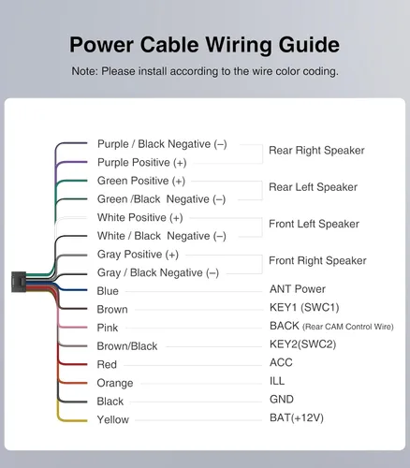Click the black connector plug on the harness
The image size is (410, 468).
tap(19, 282)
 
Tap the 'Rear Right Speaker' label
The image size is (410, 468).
tap(316, 151)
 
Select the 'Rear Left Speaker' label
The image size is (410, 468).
tap(313, 187)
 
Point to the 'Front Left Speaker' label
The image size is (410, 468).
tap(314, 224)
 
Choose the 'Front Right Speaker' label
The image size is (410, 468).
tap(317, 260)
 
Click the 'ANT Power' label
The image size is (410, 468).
tap(298, 289)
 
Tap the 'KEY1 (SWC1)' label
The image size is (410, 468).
tap(304, 307)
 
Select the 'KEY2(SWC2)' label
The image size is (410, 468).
tap(302, 344)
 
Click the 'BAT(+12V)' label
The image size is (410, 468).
tap(297, 417)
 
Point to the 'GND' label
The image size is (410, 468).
tap(282, 399)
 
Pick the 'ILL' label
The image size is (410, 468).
tap(277, 381)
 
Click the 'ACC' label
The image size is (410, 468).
tap(281, 362)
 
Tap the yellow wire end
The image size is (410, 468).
tap(87, 420)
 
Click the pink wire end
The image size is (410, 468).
tap(87, 328)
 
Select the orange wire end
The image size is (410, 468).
tap(87, 383)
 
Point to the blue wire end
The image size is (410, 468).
tap(87, 290)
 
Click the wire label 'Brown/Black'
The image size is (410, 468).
tap(127, 346)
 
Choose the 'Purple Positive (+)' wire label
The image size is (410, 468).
tap(142, 163)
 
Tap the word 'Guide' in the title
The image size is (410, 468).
tap(309, 45)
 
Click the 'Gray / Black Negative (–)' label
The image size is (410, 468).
tap(158, 273)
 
